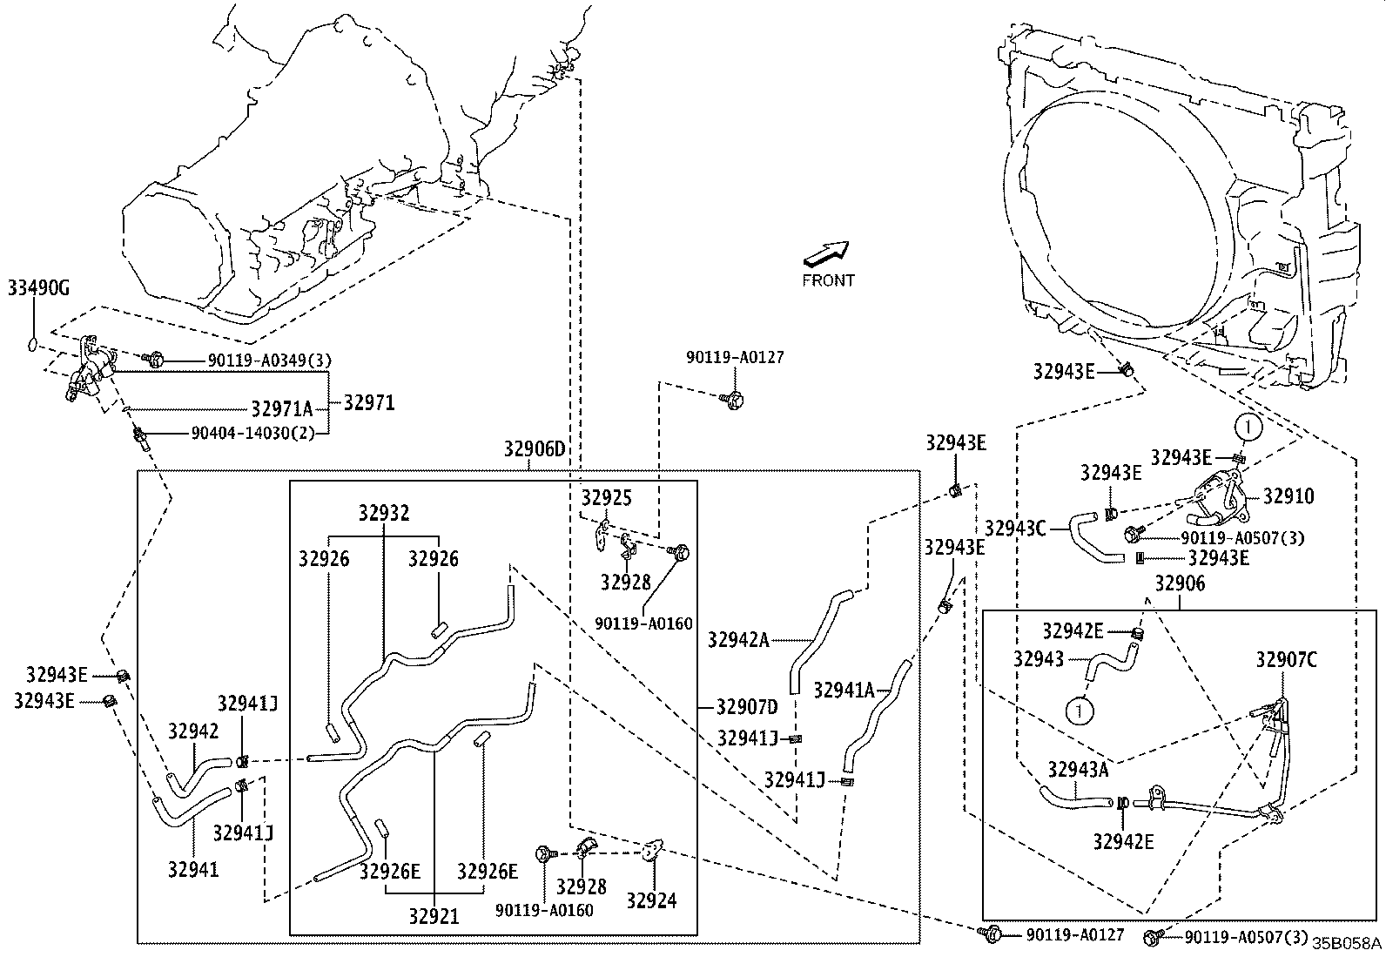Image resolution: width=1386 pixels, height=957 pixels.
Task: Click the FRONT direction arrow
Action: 824,253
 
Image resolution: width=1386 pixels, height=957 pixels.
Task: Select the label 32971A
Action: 281,408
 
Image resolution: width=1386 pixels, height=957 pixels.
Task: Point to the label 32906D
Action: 534,449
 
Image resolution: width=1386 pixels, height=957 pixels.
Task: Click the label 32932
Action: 383,513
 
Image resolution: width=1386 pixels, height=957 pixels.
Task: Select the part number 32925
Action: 606,498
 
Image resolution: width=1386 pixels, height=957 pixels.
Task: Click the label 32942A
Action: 738,640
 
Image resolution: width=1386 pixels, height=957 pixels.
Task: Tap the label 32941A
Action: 844,690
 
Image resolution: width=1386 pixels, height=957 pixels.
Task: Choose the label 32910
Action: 1288,496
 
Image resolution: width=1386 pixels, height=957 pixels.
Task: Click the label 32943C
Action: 1015,528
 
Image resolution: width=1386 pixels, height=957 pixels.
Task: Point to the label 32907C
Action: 1286,660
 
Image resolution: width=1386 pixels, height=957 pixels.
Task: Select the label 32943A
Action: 1078,769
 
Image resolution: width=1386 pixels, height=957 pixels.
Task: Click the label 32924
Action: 650,901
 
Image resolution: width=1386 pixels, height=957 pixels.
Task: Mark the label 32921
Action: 433,915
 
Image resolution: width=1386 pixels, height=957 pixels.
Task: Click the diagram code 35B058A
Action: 1346,943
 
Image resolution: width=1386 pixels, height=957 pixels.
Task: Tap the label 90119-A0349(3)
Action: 270,360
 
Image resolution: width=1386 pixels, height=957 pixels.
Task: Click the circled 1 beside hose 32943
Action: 1078,711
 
